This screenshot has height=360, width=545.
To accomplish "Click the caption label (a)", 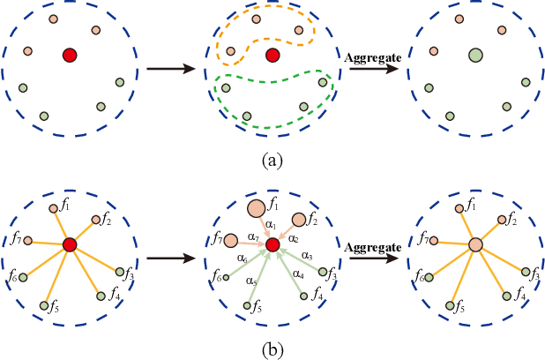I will click(x=272, y=161).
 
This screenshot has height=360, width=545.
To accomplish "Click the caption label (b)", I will click(x=272, y=349).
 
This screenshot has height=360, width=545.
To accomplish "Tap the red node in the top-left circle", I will click(x=70, y=56).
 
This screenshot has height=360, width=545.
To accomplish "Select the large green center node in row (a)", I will click(x=475, y=56).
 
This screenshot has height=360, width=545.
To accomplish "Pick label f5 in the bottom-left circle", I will click(x=54, y=308).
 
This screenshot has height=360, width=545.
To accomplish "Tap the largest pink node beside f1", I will click(x=257, y=209).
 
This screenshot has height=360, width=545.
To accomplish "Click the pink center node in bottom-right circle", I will click(x=475, y=244).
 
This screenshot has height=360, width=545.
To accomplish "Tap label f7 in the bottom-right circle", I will click(x=422, y=237).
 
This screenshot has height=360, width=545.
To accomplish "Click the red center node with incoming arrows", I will click(x=272, y=244).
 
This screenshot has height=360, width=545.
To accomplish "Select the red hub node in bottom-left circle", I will click(x=70, y=244).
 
